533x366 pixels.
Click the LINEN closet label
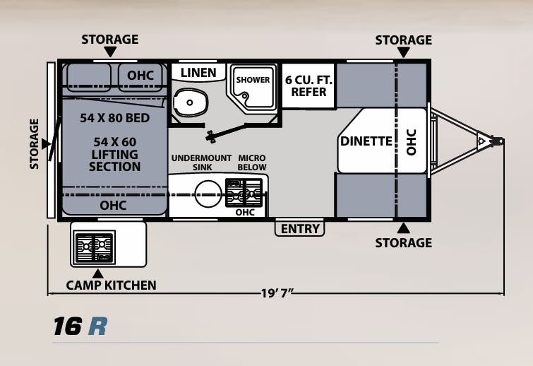click(x=198, y=73)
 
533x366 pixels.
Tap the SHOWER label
click(x=253, y=80)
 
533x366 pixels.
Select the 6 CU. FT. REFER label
click(x=309, y=86)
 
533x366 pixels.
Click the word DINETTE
click(x=366, y=141)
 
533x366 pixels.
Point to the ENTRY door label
click(x=300, y=228)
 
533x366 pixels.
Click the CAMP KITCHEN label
click(x=111, y=285)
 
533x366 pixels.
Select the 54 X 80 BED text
click(x=114, y=118)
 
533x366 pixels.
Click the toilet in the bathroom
click(x=188, y=103)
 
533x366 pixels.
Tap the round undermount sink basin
click(x=208, y=193)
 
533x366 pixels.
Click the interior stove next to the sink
click(x=244, y=192)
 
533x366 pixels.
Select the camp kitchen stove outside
click(x=95, y=247)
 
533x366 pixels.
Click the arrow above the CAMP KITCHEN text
click(x=97, y=273)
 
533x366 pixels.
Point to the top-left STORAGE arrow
click(x=109, y=52)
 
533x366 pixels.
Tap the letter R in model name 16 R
click(x=97, y=326)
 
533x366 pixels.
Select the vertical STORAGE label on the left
click(x=35, y=143)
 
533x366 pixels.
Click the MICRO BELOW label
click(x=252, y=163)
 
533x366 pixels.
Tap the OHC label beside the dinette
click(x=412, y=141)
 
